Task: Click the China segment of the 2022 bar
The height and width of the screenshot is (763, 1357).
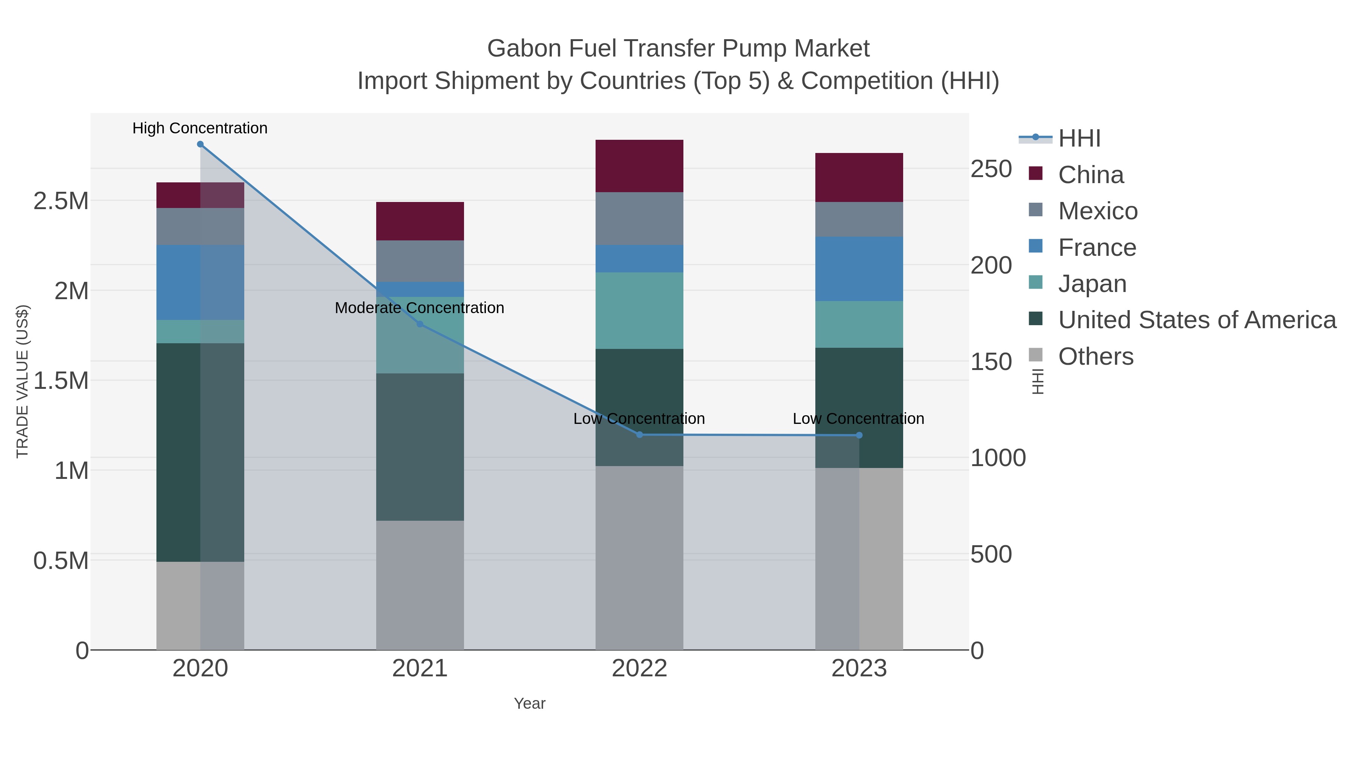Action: pyautogui.click(x=639, y=166)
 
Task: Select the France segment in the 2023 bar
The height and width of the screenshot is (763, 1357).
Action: pyautogui.click(x=859, y=269)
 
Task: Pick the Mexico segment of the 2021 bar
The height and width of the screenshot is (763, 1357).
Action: pyautogui.click(x=420, y=261)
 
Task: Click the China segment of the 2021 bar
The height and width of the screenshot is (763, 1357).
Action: pyautogui.click(x=420, y=221)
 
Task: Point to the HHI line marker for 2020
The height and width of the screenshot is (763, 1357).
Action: pyautogui.click(x=200, y=144)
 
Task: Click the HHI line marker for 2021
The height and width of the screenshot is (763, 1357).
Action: pyautogui.click(x=420, y=324)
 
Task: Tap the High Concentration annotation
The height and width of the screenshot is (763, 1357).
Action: pyautogui.click(x=200, y=128)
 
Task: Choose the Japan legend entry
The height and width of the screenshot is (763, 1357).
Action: pyautogui.click(x=1092, y=284)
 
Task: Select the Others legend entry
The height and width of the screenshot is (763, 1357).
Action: pyautogui.click(x=1096, y=356)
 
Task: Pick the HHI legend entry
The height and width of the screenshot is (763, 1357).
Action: pyautogui.click(x=1079, y=139)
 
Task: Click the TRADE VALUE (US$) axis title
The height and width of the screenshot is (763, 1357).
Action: pyautogui.click(x=22, y=381)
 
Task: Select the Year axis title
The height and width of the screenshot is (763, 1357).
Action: pyautogui.click(x=530, y=703)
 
